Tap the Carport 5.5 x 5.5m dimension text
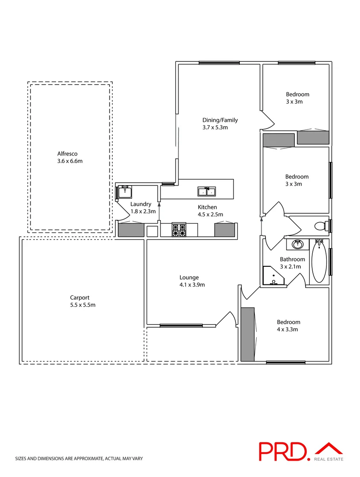click(83, 305)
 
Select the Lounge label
click(189, 277)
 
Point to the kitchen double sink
click(207, 191)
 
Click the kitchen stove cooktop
click(179, 230)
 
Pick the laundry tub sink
click(123, 192)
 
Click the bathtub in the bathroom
click(318, 261)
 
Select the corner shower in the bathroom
click(273, 276)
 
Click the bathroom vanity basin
click(297, 244)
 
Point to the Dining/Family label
click(220, 120)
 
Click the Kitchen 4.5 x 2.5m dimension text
click(210, 215)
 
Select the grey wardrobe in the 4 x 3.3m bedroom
click(247, 334)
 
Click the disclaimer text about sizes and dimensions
click(79, 459)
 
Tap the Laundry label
click(141, 204)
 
